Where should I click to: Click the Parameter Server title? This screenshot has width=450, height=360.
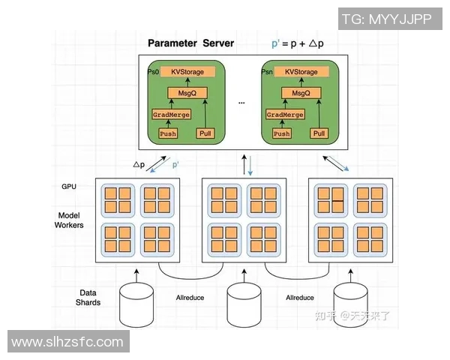pyautogui.click(x=190, y=43)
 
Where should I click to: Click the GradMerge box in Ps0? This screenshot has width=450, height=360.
pyautogui.click(x=171, y=115)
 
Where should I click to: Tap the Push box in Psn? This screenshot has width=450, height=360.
pyautogui.click(x=281, y=133)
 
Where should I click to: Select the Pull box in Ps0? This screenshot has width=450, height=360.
pyautogui.click(x=205, y=133)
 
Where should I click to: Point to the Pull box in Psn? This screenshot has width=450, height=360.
pyautogui.click(x=319, y=133)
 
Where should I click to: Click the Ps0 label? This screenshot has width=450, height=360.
pyautogui.click(x=153, y=72)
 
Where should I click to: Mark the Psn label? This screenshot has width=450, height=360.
pyautogui.click(x=266, y=72)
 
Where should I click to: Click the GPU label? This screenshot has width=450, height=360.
pyautogui.click(x=69, y=185)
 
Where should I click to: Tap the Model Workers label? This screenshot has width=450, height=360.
pyautogui.click(x=70, y=220)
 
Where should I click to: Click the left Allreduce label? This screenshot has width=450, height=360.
pyautogui.click(x=190, y=298)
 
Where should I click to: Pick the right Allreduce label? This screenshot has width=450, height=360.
pyautogui.click(x=300, y=298)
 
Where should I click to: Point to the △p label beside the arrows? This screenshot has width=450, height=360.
pyautogui.click(x=139, y=164)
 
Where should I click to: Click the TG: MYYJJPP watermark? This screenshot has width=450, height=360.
pyautogui.click(x=386, y=18)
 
